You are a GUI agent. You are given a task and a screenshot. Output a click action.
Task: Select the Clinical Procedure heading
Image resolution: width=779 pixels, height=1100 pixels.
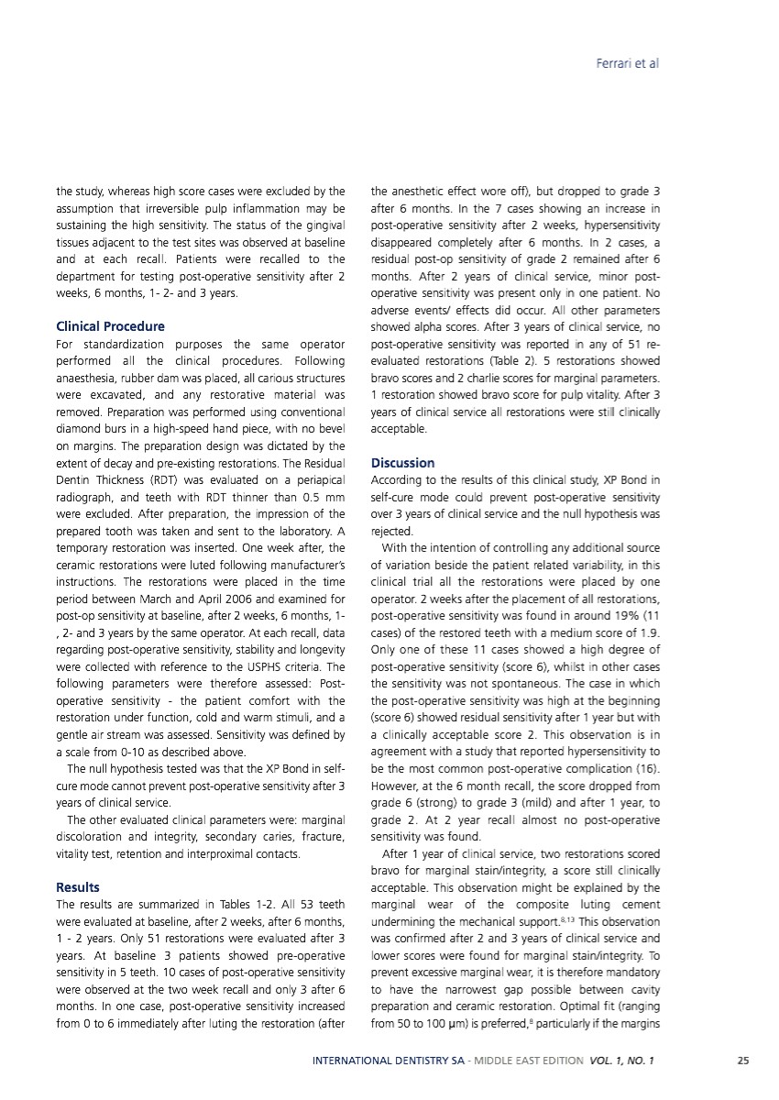pyautogui.click(x=110, y=325)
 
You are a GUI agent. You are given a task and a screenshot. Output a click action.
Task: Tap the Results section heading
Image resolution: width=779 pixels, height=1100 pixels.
pyautogui.click(x=78, y=887)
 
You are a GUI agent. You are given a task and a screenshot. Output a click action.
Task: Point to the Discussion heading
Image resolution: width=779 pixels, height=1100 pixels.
pyautogui.click(x=402, y=463)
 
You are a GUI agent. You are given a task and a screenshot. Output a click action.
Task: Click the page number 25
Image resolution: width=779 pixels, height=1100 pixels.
pyautogui.click(x=743, y=1061)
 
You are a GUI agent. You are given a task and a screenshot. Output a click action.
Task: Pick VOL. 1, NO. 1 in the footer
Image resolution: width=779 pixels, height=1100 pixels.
pyautogui.click(x=620, y=1061)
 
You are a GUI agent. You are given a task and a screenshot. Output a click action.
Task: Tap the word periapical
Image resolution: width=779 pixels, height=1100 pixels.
pyautogui.click(x=318, y=480)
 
